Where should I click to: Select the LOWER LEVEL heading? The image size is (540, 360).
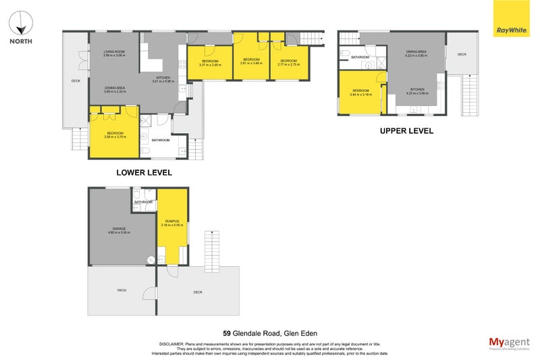pos(144,173)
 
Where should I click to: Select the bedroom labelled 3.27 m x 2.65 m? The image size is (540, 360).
pos(211,63)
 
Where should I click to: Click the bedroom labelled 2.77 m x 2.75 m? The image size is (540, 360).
pos(289,62)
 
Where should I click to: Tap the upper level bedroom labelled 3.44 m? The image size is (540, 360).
pos(360,93)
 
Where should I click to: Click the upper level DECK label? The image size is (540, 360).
pos(462,55)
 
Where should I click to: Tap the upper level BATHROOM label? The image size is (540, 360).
pos(360,57)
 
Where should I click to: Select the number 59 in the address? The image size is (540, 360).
pos(227,332)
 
